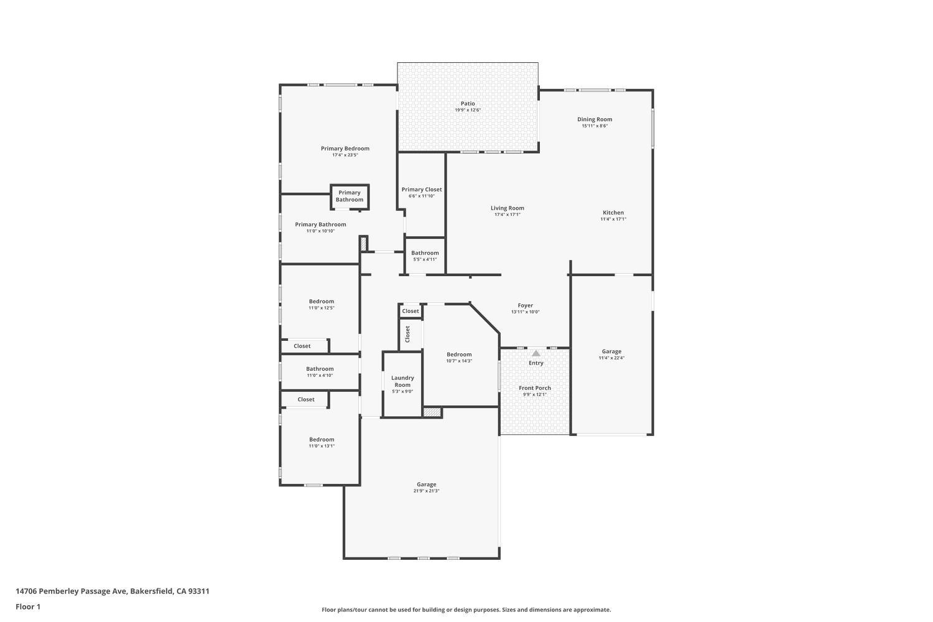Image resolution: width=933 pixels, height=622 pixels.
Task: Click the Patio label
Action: point(468,104)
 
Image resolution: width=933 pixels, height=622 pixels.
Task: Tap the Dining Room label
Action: point(595,119)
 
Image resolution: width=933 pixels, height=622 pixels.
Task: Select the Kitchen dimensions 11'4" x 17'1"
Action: point(613,219)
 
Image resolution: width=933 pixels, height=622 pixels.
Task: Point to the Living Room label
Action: point(508,208)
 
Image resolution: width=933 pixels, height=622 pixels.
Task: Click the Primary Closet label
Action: point(422,190)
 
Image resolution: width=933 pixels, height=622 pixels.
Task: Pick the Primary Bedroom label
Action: point(345,149)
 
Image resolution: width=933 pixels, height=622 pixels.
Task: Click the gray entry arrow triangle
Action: point(536,353)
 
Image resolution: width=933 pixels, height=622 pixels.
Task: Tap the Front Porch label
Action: point(535,388)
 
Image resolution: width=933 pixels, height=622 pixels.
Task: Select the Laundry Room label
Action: point(402,381)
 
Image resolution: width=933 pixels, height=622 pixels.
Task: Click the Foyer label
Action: point(526,305)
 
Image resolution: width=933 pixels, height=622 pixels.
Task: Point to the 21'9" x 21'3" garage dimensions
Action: point(427,491)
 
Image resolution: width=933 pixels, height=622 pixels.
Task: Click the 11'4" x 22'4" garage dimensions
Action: point(611,358)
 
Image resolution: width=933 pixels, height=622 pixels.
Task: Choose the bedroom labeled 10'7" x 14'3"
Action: point(459,355)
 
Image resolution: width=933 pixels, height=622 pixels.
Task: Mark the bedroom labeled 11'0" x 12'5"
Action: point(322,302)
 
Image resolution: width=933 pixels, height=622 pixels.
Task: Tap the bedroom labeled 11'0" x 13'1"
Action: point(322,440)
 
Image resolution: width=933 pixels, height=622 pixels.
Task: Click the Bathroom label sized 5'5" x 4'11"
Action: point(425,253)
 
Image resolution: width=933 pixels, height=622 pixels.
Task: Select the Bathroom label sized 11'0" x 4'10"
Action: point(320,369)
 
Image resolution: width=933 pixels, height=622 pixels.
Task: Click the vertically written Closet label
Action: point(408,334)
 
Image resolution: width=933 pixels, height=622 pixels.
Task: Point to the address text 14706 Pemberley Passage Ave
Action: point(113,592)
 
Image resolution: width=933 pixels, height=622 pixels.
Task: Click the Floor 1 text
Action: point(28,606)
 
